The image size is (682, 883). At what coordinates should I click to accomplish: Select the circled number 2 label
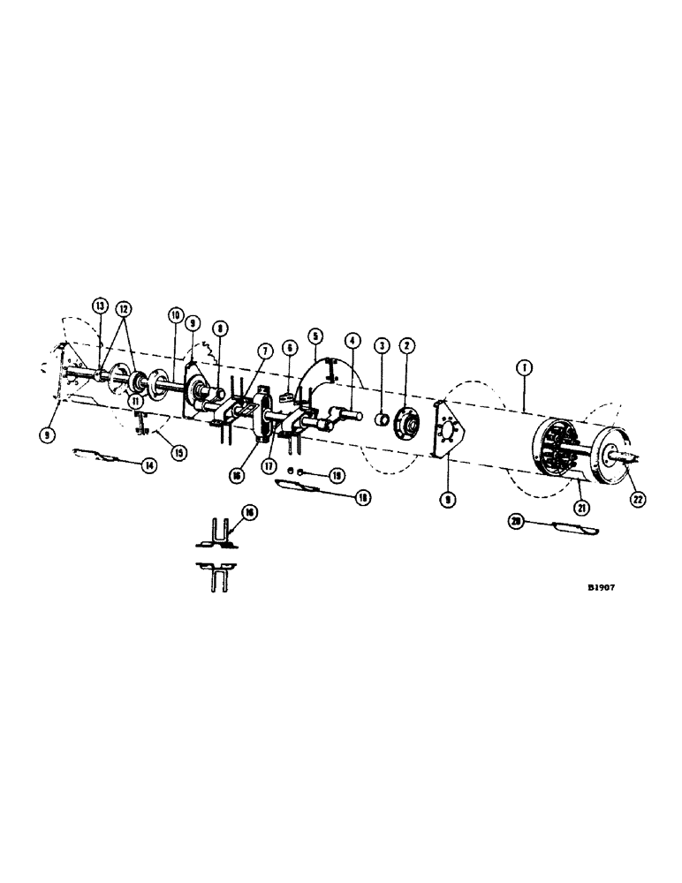click(407, 344)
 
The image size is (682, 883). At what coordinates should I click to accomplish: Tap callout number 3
click(382, 344)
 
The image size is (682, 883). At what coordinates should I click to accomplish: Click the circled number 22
click(638, 498)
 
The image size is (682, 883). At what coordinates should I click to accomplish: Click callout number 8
click(220, 328)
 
